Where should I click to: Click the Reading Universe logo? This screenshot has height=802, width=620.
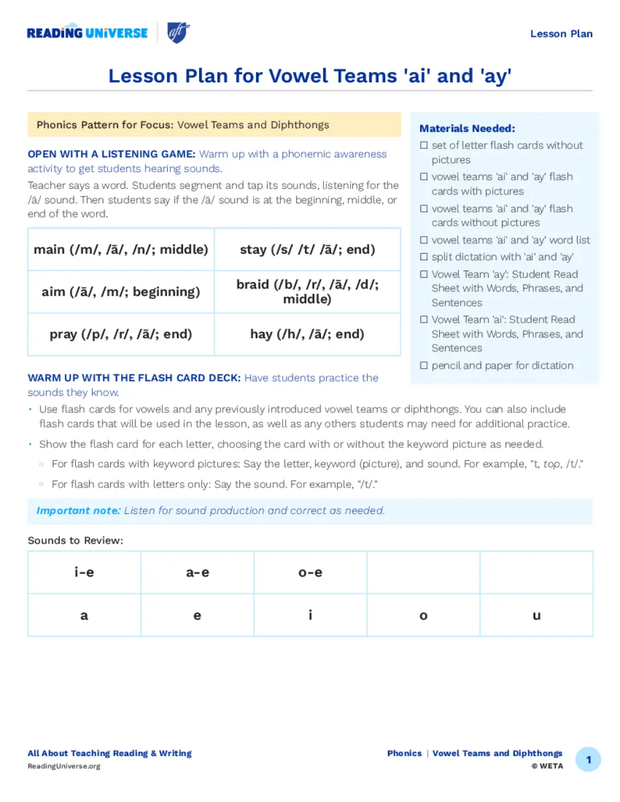[87, 33]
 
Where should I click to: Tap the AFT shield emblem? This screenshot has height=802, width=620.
[178, 33]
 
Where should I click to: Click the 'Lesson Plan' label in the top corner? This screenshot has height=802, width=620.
[561, 34]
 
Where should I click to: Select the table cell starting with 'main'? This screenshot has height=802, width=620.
[121, 249]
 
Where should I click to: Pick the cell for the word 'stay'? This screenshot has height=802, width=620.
[308, 249]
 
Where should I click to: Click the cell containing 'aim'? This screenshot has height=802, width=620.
[121, 292]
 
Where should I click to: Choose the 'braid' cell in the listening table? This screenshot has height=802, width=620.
[308, 292]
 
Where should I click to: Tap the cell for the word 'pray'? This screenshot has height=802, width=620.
[121, 334]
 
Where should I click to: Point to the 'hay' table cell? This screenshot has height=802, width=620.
[308, 334]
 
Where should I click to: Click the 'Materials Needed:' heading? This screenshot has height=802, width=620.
[467, 128]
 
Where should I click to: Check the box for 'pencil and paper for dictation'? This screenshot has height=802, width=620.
[424, 366]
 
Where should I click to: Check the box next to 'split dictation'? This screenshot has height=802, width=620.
[424, 257]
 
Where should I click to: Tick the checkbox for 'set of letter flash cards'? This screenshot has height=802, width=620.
[424, 145]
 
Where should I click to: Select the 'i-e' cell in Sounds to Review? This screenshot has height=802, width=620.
[84, 573]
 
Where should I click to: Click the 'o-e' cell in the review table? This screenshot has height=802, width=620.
[311, 573]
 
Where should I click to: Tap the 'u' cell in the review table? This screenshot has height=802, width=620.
[536, 616]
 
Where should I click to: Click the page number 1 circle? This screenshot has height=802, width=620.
[588, 760]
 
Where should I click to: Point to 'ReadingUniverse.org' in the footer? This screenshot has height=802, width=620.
[64, 766]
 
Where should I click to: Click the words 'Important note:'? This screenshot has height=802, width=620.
[78, 511]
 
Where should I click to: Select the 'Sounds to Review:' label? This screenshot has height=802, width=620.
[76, 541]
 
